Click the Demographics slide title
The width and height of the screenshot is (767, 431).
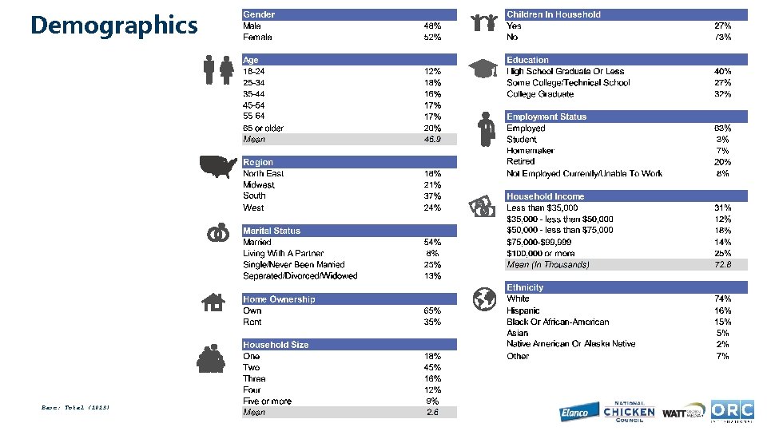coord(113,26)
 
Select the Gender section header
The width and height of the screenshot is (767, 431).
coord(259,14)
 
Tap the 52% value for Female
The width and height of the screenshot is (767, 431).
coord(432,37)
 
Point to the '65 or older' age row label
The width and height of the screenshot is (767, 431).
coord(263,128)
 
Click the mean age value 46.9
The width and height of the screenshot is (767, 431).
coord(432,139)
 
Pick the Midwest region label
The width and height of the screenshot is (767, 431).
coord(258,184)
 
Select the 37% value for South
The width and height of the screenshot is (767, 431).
coord(432,196)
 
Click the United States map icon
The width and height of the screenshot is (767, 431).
coord(219,166)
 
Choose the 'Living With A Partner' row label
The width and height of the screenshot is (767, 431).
coord(284,253)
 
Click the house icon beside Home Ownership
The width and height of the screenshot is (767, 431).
coord(213,302)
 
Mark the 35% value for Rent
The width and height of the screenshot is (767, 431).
coord(432,322)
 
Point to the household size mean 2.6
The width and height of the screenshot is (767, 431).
coord(432,413)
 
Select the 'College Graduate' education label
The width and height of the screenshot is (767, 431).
coord(540,94)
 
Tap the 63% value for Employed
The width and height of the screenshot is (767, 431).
coord(722,128)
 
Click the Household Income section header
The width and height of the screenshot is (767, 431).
coord(545,196)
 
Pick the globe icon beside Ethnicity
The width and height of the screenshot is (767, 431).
coord(484,299)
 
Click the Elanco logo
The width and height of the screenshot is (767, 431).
coord(574,412)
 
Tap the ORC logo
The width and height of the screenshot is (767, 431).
coord(732,410)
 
